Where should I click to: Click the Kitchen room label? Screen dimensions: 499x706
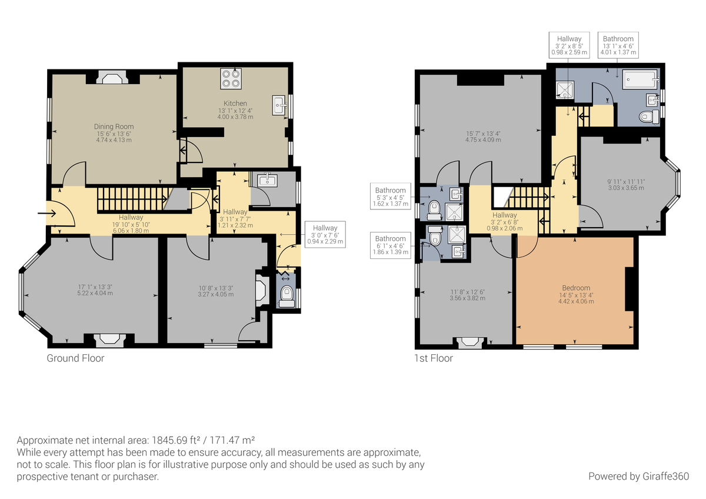(235, 104)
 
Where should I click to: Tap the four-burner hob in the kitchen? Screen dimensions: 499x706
(231, 79)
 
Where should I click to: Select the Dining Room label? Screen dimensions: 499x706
(114, 127)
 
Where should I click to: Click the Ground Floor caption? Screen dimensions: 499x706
(75, 358)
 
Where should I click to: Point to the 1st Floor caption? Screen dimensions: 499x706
(433, 358)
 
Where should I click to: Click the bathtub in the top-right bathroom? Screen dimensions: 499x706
(641, 78)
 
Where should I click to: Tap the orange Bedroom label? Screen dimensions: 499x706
(575, 288)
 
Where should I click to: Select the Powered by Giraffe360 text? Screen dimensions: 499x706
(638, 476)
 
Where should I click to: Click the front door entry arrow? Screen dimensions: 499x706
(45, 213)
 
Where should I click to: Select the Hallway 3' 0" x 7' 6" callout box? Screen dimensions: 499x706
(325, 234)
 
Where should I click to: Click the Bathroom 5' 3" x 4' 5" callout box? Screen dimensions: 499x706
(391, 197)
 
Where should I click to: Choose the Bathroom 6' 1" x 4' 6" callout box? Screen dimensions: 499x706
(391, 245)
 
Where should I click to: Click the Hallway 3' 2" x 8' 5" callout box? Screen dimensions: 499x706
(569, 45)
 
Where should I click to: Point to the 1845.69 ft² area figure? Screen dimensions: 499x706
(180, 440)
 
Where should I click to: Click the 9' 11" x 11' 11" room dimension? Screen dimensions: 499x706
(625, 184)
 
